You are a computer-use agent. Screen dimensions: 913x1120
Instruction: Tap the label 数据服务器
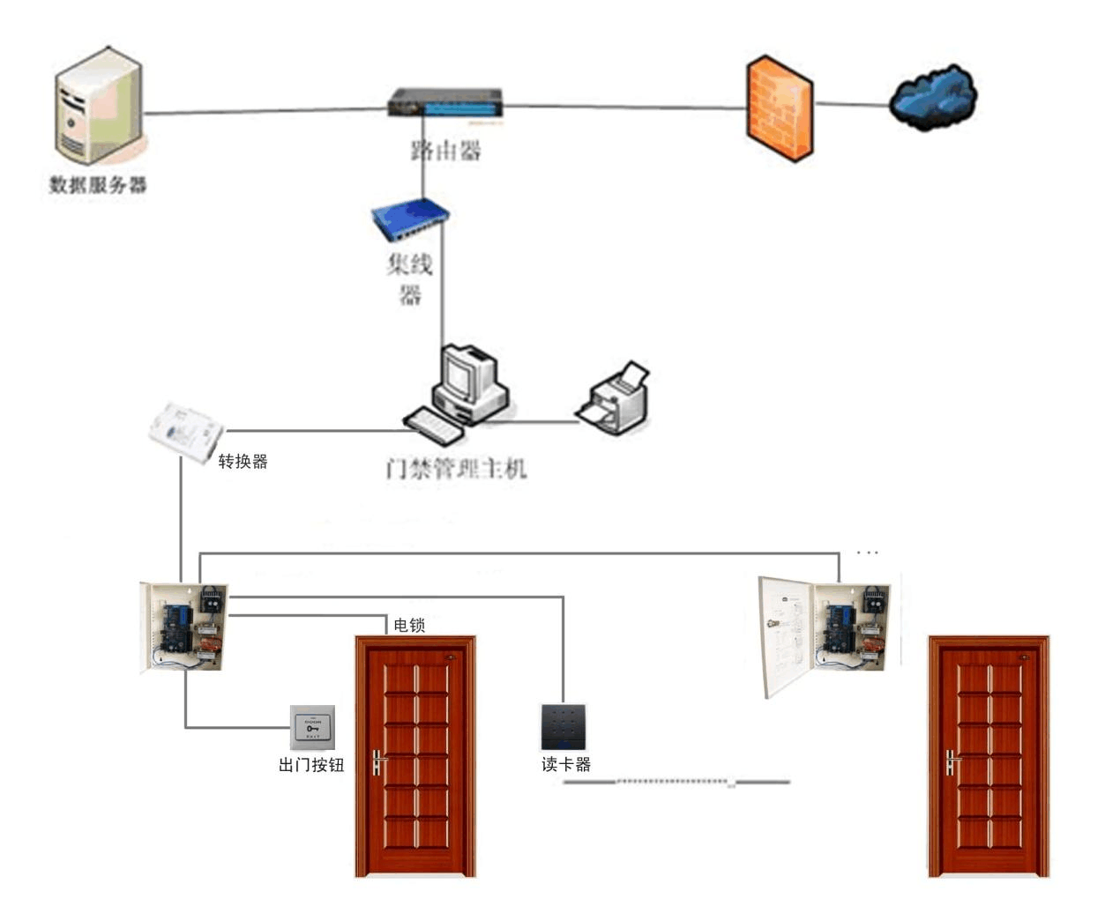pos(98,185)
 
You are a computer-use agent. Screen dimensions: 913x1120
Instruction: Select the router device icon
pos(445,103)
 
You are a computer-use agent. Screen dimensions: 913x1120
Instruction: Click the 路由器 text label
pos(446,151)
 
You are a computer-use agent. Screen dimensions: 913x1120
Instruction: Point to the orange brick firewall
pos(780,108)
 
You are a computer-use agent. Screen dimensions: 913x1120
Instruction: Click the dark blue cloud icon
pos(933,96)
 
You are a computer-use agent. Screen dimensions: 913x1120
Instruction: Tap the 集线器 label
pos(410,278)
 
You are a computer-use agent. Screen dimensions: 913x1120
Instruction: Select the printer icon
pos(615,399)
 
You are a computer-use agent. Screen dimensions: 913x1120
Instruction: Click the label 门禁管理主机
pos(456,467)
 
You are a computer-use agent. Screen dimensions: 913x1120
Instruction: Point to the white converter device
pos(185,431)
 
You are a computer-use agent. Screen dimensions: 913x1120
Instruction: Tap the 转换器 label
pos(243,461)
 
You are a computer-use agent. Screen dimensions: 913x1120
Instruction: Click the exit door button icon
pos(313,727)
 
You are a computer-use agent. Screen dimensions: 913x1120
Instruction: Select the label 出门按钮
pos(311,765)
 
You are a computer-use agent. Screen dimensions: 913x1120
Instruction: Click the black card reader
pos(564,727)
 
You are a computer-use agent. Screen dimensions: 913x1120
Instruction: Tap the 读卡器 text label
pos(566,764)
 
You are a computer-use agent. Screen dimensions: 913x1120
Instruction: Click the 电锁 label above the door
pos(409,625)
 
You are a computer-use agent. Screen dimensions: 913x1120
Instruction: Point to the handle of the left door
pos(378,762)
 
